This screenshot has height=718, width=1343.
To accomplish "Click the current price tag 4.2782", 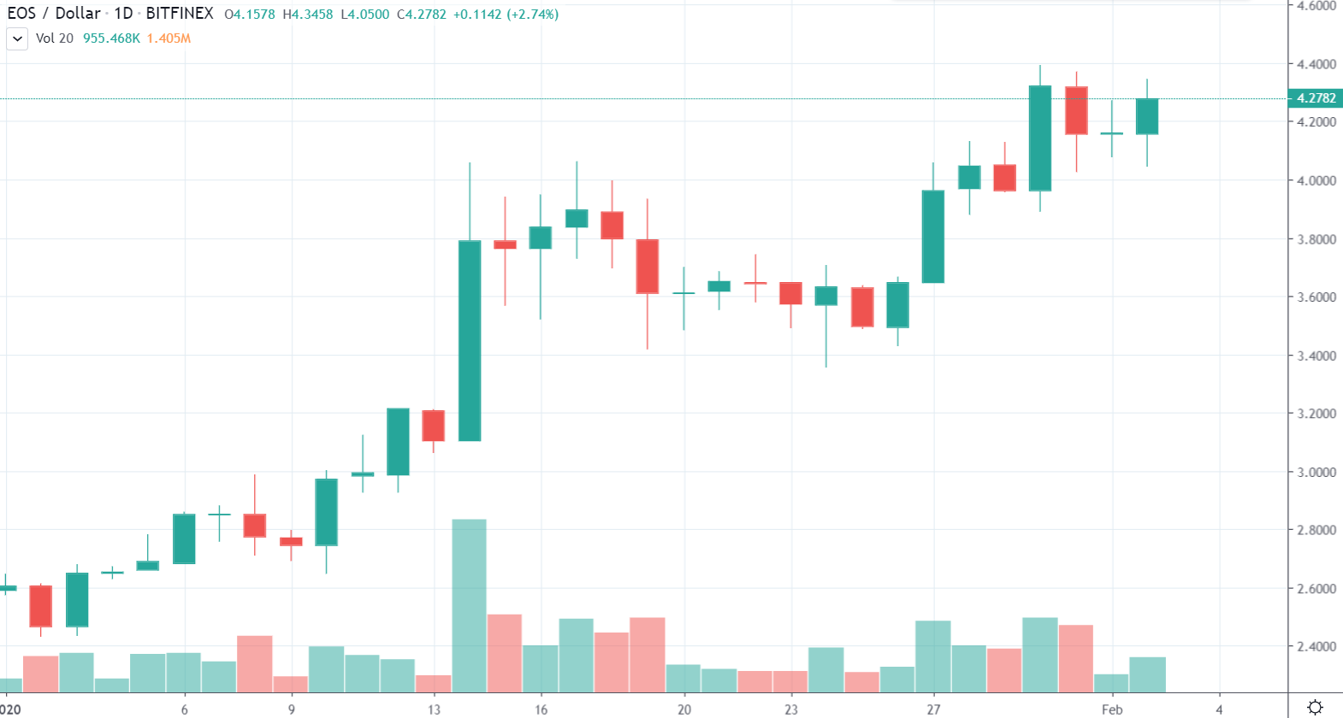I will point(1315,98).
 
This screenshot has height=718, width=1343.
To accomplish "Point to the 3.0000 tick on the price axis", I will point(1316,472).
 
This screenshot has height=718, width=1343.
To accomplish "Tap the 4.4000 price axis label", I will point(1316,64).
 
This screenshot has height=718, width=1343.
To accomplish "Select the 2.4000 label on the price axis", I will point(1316,646).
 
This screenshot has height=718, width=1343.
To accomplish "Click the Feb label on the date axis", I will point(1111,709).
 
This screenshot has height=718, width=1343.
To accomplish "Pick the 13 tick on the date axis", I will point(435,709).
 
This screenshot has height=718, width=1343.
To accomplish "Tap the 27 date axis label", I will point(933,709).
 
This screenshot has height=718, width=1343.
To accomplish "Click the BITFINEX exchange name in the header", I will point(180,14).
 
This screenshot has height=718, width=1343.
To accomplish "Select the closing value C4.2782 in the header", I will point(422,15).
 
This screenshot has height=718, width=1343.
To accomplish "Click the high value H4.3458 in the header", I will point(308,15).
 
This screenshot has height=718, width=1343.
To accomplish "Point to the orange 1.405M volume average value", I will point(169,38).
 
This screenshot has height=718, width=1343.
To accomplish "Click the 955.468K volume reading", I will point(111,38).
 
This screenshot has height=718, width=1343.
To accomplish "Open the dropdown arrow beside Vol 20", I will point(17,38).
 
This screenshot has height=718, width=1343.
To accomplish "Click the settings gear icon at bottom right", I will point(1315,707).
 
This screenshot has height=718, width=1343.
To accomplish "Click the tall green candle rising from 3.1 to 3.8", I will point(470,340).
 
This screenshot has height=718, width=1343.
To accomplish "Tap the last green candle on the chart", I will point(1147,116).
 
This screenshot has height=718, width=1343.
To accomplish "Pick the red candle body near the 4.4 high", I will point(1076,110).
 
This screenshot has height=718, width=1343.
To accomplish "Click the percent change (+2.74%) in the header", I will point(533,15).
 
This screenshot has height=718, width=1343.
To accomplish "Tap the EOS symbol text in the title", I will point(21,14).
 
